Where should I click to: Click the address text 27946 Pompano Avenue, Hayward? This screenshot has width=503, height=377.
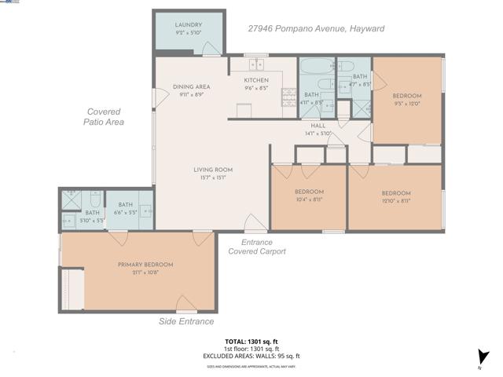(x=316, y=28)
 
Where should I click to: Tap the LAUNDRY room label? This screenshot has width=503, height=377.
(x=189, y=25)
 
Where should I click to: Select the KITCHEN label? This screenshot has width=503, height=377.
(x=256, y=79)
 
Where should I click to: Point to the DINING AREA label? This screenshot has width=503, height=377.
(x=191, y=86)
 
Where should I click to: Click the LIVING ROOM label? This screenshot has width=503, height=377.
(x=213, y=170)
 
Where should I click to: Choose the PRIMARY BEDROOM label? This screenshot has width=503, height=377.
(x=145, y=265)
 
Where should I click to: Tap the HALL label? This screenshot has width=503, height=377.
(x=318, y=126)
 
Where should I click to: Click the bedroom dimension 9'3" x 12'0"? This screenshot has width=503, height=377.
(x=407, y=103)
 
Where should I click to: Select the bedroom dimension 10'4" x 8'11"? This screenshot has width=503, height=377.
(x=309, y=200)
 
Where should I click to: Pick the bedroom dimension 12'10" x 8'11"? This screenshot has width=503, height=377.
(x=395, y=200)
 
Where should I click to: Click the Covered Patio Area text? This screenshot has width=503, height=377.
(x=105, y=117)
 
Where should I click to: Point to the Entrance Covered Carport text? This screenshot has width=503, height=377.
(x=257, y=247)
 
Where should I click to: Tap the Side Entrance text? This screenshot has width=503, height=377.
(x=187, y=321)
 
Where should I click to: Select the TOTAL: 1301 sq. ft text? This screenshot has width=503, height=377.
(x=251, y=342)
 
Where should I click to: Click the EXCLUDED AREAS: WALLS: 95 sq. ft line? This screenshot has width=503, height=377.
(x=251, y=356)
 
